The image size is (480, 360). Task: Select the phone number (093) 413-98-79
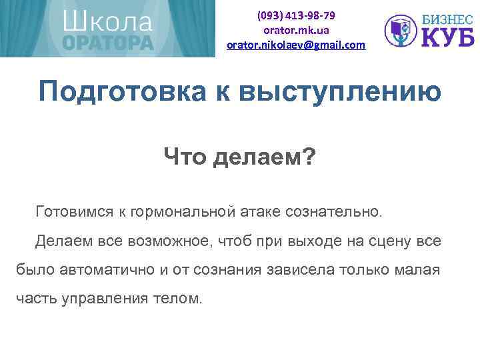tap(296, 15)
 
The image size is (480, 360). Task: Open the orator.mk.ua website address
tap(296, 30)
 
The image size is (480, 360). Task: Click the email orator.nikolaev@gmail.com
tap(296, 45)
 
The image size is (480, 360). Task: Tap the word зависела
tap(296, 269)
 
